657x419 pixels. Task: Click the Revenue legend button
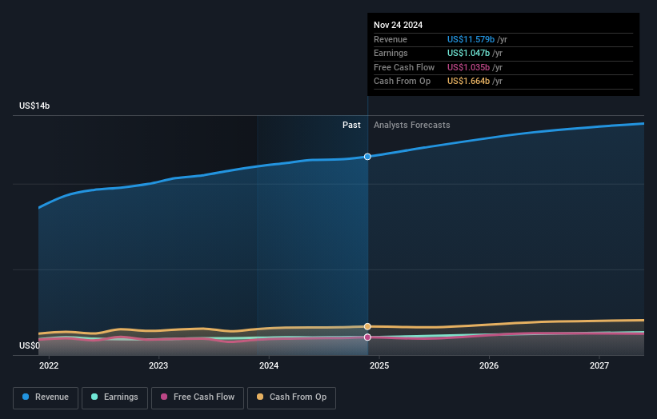[46, 397]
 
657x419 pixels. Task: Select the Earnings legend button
[114, 397]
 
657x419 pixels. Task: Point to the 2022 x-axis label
[49, 365]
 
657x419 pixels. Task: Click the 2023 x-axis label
[158, 365]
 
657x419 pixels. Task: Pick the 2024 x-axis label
[269, 365]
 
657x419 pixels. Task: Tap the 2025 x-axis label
[379, 365]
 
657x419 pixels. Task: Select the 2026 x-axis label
[489, 365]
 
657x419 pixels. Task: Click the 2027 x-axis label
[599, 365]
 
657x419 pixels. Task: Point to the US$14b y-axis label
[34, 106]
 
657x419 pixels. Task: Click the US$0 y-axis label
[30, 346]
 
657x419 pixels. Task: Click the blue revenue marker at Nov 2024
[367, 157]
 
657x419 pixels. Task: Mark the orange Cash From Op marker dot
[367, 326]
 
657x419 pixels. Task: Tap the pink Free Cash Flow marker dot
[367, 337]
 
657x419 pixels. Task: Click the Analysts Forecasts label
[411, 126]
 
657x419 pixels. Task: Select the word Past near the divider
[351, 126]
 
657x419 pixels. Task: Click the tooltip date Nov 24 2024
[399, 25]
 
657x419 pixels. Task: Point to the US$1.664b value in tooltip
[468, 82]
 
